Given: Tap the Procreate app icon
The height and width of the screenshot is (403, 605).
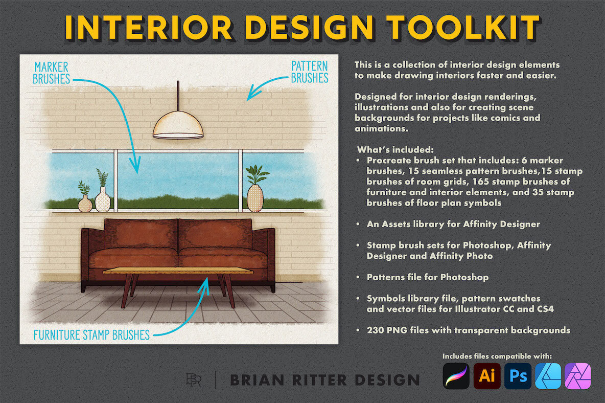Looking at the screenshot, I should tap(456, 376).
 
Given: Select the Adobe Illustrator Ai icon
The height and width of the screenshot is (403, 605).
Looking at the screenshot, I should tap(486, 376).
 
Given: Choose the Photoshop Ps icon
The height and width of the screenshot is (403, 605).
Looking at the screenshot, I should tap(517, 376).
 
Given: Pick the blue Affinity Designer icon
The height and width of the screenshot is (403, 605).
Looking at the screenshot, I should tap(548, 376).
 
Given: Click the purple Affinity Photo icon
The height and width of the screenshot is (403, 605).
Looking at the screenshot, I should tap(578, 376).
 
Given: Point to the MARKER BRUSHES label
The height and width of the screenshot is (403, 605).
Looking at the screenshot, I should tap(51, 73).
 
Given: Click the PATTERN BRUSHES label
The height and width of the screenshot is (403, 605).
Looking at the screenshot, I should tap(309, 72).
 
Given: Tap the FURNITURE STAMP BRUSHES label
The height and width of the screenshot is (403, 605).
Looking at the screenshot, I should tap(91, 335).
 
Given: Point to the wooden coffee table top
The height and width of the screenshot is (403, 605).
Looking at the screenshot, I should tap(178, 271).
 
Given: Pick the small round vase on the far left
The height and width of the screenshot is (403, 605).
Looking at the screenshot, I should tap(85, 204).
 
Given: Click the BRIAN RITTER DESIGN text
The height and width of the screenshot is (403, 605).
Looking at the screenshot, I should tap(324, 380).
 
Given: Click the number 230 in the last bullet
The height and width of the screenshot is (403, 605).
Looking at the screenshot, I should tap(375, 330).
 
